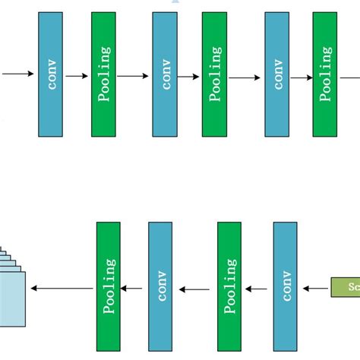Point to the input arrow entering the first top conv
click(x=17, y=74)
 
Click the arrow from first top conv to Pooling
click(x=77, y=76)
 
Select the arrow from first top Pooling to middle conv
click(x=134, y=76)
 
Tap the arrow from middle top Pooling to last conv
click(x=245, y=77)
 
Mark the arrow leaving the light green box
click(x=316, y=288)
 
